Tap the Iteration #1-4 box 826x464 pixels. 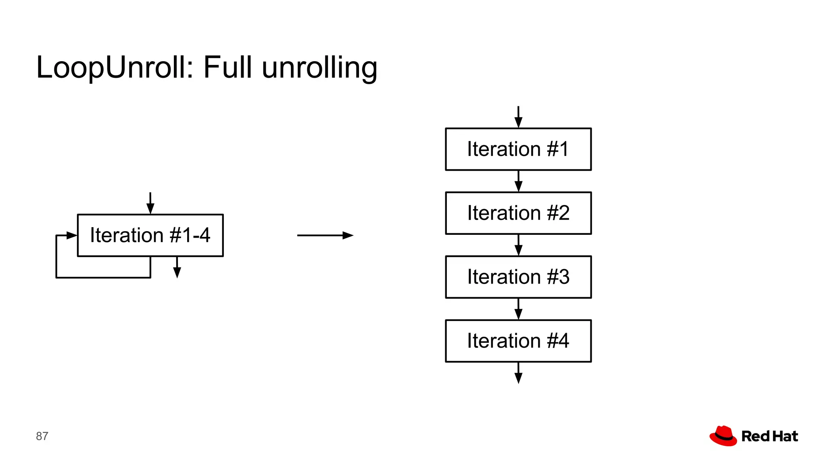(150, 235)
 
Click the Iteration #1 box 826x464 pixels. (518, 149)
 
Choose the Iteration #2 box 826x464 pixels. (518, 213)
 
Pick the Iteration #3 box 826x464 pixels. (518, 277)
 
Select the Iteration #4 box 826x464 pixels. (518, 341)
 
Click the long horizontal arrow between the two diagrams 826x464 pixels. (325, 235)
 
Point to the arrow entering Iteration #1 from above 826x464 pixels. (518, 117)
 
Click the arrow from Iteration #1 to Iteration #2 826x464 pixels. (518, 181)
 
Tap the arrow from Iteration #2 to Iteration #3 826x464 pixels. (518, 245)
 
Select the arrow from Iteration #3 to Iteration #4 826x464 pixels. (518, 309)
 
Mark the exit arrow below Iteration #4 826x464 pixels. (518, 373)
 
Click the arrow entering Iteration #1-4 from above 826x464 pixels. (150, 203)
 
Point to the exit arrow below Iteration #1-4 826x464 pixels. (177, 267)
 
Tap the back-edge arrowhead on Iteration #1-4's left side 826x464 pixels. (71, 235)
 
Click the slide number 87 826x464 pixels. (42, 436)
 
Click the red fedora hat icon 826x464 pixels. (723, 436)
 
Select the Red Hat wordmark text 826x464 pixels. (770, 436)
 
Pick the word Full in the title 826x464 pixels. (227, 67)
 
